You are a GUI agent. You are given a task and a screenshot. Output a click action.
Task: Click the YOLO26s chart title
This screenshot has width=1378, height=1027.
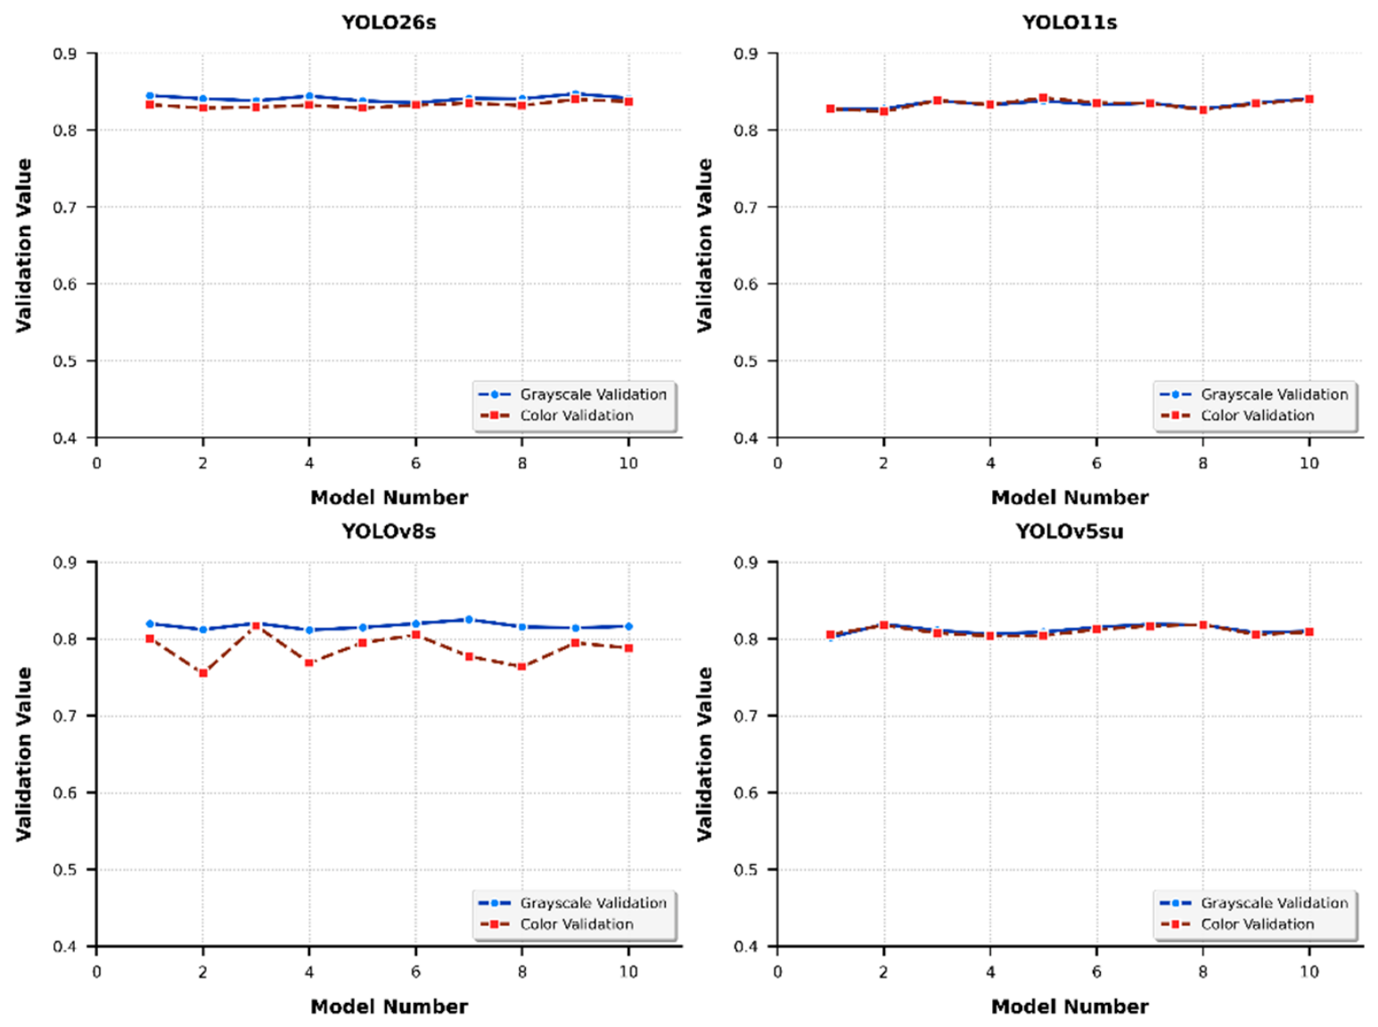(x=389, y=22)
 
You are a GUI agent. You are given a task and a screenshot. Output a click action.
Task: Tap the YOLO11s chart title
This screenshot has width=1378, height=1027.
(x=1069, y=22)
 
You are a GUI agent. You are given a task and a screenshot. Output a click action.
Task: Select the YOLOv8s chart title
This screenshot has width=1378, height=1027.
(x=389, y=532)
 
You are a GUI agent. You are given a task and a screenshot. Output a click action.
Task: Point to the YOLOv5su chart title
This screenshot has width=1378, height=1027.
(x=1069, y=532)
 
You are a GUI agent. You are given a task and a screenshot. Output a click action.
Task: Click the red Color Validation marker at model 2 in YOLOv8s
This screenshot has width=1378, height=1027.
(x=202, y=673)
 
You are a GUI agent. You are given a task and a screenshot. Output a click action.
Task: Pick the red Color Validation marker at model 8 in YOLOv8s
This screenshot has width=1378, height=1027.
(x=521, y=666)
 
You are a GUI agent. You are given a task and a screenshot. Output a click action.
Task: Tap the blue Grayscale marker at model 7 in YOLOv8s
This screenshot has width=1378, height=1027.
(x=468, y=619)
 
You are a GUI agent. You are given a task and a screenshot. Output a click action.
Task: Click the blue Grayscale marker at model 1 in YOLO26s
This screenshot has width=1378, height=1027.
(x=150, y=95)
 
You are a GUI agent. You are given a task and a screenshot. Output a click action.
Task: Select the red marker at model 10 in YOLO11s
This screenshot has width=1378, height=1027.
(x=1309, y=99)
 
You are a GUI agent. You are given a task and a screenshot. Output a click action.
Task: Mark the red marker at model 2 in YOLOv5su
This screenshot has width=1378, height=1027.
(x=884, y=625)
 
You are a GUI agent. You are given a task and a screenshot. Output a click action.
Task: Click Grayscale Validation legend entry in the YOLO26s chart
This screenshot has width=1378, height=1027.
(x=572, y=395)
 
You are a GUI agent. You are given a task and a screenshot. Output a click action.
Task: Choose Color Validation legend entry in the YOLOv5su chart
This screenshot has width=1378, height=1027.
(x=1237, y=924)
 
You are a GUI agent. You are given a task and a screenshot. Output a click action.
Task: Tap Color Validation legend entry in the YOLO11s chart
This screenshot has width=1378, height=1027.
(x=1237, y=415)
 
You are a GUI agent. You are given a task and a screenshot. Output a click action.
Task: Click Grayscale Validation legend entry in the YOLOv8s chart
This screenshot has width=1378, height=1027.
(x=572, y=903)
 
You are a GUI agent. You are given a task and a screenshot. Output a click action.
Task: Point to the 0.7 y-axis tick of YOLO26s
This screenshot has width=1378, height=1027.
(x=65, y=207)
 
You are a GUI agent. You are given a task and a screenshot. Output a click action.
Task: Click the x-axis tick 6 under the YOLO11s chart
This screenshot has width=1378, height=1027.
(x=1096, y=464)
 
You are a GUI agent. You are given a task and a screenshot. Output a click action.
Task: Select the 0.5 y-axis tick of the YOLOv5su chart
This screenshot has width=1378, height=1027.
(x=746, y=869)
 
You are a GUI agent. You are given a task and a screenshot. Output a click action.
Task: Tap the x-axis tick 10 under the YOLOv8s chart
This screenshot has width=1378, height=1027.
(x=628, y=973)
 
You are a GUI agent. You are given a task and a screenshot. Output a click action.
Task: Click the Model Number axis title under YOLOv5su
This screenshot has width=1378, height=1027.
(x=1069, y=1007)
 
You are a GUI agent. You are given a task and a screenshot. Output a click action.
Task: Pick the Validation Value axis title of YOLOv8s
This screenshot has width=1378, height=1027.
(x=24, y=754)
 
